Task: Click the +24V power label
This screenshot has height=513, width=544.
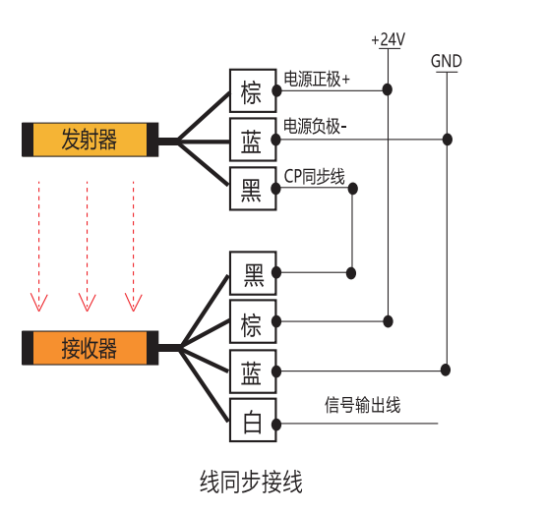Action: [389, 39]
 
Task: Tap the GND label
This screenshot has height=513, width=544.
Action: [447, 61]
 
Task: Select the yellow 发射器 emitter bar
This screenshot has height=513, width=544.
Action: [91, 140]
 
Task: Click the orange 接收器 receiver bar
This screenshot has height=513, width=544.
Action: [91, 348]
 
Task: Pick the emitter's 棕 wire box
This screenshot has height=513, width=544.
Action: [253, 90]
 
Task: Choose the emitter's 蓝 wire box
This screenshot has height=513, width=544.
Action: [253, 140]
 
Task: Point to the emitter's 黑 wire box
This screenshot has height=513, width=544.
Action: [253, 189]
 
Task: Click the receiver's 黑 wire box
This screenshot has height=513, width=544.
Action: [253, 273]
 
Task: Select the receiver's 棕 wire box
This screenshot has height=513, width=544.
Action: [253, 321]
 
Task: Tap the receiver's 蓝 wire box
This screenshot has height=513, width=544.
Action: [253, 371]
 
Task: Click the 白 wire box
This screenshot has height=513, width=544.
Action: [253, 420]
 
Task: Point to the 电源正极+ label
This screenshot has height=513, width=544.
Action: [317, 79]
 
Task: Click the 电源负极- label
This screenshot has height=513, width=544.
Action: [315, 126]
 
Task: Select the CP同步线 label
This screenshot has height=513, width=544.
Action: [315, 176]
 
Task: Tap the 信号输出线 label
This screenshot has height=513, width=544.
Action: [363, 405]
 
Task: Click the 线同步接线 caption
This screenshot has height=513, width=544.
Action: [251, 482]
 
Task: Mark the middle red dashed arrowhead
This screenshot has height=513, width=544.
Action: [88, 303]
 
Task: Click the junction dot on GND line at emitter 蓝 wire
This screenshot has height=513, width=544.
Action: [448, 140]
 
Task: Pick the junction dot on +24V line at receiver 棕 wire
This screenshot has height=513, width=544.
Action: [388, 321]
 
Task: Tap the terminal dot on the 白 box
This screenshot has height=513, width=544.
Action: [276, 424]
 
